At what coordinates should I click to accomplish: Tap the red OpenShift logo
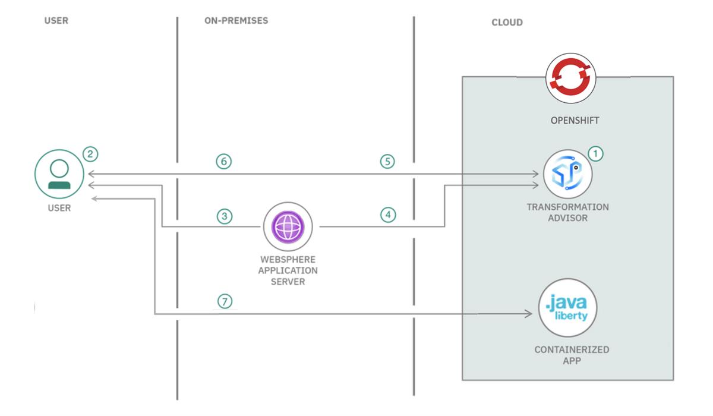[x=571, y=80]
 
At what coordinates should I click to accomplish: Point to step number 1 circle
[x=595, y=153]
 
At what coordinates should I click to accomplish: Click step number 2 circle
[x=90, y=155]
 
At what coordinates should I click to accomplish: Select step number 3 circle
[x=223, y=216]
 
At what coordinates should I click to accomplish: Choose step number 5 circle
[x=388, y=162]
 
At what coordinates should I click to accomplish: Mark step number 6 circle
[x=223, y=162]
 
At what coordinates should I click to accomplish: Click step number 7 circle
[x=223, y=302]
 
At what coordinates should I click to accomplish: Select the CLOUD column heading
[x=507, y=23]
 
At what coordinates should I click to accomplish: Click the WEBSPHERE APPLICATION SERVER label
[x=289, y=270]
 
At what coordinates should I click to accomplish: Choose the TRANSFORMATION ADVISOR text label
[x=567, y=212]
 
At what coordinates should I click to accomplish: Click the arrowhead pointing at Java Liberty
[x=528, y=314]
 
